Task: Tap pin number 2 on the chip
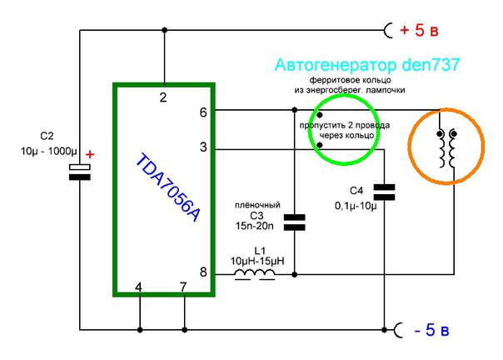coord(163,97)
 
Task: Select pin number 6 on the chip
coord(202,112)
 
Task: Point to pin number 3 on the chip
coord(202,147)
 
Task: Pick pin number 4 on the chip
coord(139,287)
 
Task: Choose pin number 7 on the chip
coord(183,287)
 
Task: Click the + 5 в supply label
coord(425,31)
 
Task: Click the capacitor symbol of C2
coord(79,172)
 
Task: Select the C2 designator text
coord(47,135)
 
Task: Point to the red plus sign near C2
coord(91,155)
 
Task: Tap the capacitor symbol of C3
coord(294,222)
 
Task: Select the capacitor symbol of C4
coord(383,191)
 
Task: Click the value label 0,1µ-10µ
coord(356,205)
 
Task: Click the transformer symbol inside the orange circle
coord(446,147)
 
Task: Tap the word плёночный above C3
coord(258,205)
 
